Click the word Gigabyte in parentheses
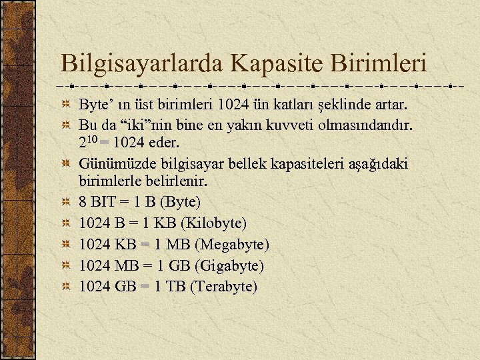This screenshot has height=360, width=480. (x=226, y=266)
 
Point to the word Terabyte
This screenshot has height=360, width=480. (x=223, y=287)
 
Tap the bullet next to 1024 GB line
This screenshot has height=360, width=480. (x=66, y=287)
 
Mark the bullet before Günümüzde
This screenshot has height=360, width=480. (x=66, y=164)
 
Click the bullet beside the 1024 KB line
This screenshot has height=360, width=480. (x=66, y=245)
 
